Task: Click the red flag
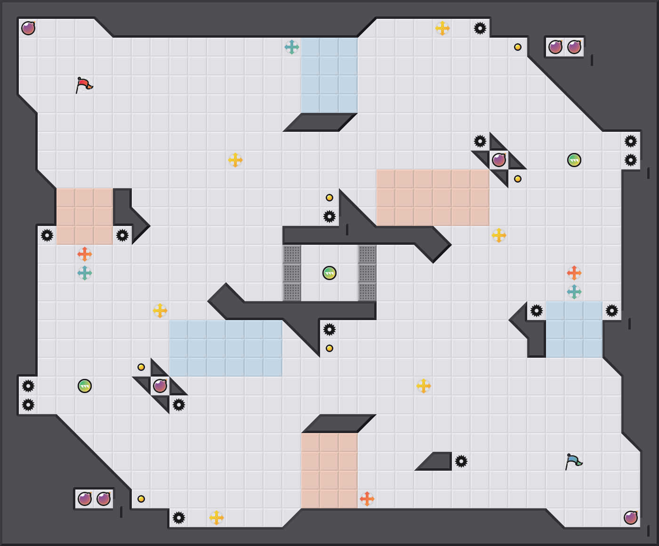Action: click(84, 85)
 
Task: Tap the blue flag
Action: click(573, 461)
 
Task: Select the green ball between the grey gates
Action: click(329, 273)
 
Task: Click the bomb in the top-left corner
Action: click(28, 28)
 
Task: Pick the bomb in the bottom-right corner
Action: click(631, 518)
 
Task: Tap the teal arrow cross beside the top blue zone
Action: click(292, 47)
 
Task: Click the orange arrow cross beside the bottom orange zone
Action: click(367, 499)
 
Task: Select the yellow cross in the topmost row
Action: click(442, 28)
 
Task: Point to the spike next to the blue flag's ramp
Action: click(461, 461)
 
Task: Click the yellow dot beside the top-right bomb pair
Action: click(518, 47)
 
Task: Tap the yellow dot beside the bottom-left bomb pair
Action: click(141, 499)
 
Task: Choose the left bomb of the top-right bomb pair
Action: click(555, 47)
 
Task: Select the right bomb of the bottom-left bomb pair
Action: click(104, 499)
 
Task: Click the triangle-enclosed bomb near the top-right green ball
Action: click(499, 160)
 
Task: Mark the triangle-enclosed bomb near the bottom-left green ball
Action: click(160, 386)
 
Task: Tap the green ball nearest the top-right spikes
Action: click(574, 160)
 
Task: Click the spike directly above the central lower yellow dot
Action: click(329, 329)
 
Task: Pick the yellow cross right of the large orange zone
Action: click(499, 235)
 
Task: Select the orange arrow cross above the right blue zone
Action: click(574, 273)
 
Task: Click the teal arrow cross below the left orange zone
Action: click(85, 273)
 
